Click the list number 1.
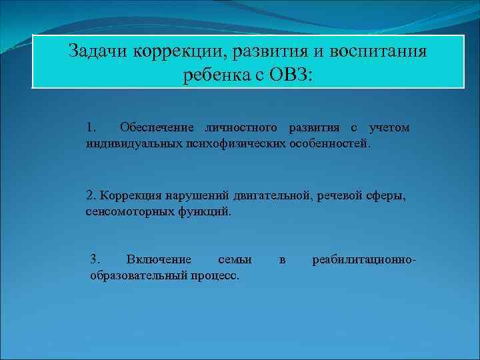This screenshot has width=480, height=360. [91, 127]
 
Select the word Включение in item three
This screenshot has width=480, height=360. [159, 259]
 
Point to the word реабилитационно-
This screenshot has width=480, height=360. [364, 259]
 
